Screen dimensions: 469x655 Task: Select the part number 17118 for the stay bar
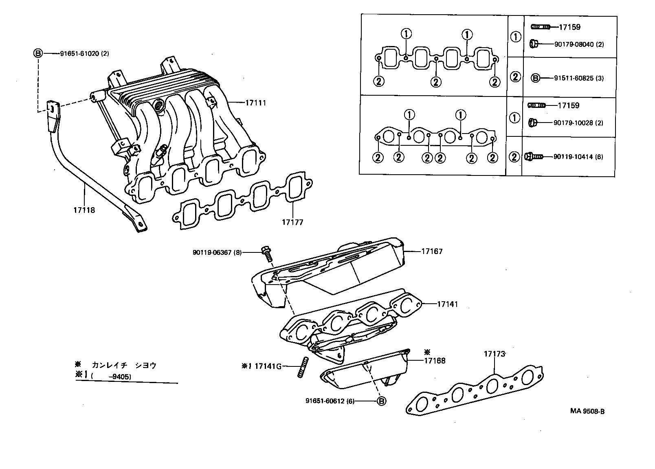tap(84, 210)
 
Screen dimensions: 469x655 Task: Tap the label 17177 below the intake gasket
tap(292, 222)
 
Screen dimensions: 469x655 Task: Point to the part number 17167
tap(432, 251)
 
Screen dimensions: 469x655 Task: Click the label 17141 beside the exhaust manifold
tap(447, 304)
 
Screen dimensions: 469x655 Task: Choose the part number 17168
tap(435, 361)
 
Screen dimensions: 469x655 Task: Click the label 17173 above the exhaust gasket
tap(494, 354)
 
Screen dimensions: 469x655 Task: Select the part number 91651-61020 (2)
tap(84, 53)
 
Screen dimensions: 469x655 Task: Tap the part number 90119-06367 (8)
tap(217, 252)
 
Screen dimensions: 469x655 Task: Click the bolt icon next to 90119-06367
tap(267, 254)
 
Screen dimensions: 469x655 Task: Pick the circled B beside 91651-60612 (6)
tap(382, 401)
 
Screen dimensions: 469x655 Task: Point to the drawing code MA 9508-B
tap(587, 411)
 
